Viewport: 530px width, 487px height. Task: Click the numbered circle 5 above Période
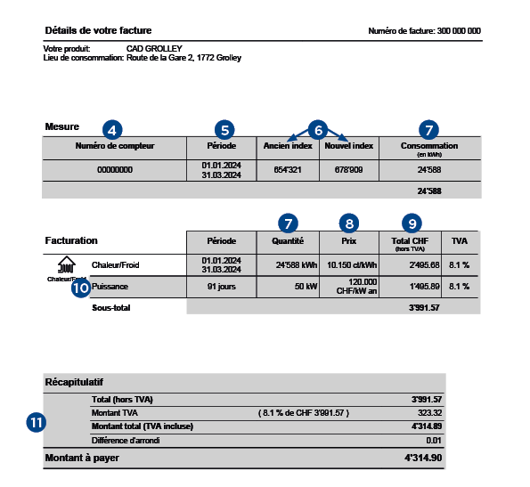click(225, 129)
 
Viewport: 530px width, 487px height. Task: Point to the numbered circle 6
click(319, 128)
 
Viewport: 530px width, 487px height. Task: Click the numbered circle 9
click(411, 223)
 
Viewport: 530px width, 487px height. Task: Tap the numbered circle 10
click(81, 288)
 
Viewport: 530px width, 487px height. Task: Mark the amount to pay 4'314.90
click(424, 458)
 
